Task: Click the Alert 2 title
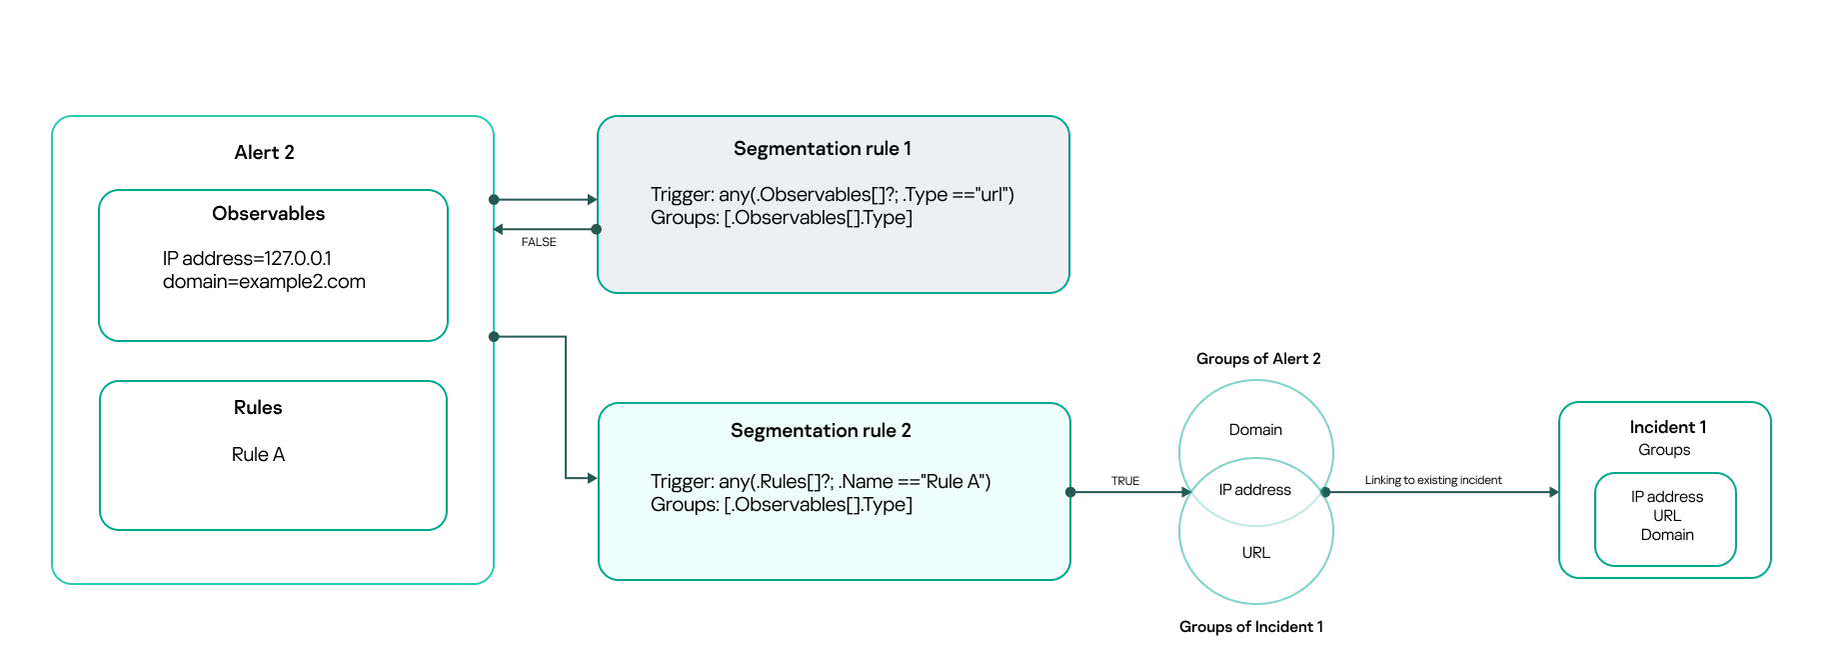tap(264, 152)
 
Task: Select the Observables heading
tap(268, 213)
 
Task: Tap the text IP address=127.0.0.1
tap(247, 258)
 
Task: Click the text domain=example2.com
tap(264, 282)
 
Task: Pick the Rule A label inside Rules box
tap(258, 454)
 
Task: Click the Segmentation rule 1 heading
tap(822, 148)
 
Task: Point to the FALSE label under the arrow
tap(538, 242)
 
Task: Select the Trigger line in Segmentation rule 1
tap(832, 194)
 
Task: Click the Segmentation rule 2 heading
tap(821, 430)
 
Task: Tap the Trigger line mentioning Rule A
tap(820, 481)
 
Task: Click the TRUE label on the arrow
tap(1124, 481)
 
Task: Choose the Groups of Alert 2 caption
tap(1257, 359)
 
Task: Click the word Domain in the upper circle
tap(1255, 430)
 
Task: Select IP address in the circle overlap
tap(1254, 490)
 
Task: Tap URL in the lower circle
tap(1255, 553)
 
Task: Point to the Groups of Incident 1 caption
tap(1250, 627)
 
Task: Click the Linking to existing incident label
tap(1432, 480)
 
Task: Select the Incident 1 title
tap(1667, 427)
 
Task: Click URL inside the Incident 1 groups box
tap(1666, 516)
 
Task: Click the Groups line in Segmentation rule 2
tap(781, 505)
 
